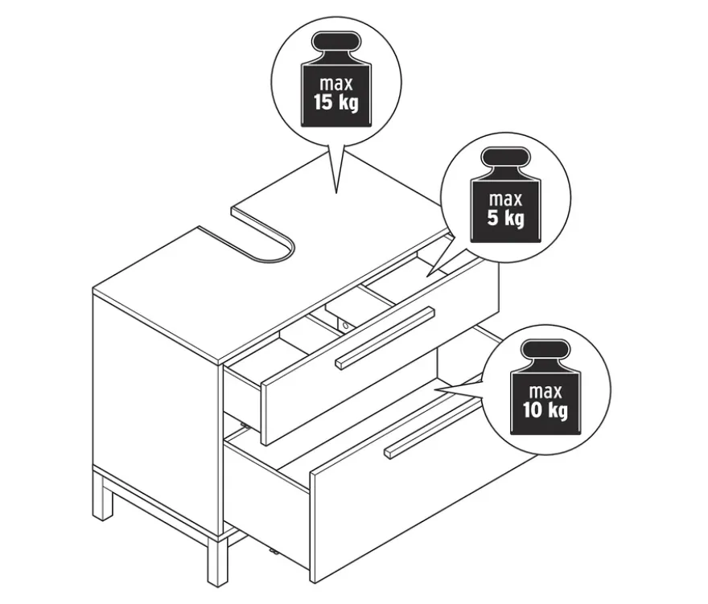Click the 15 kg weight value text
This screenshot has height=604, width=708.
(x=336, y=102)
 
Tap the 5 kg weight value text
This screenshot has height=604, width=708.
(x=505, y=218)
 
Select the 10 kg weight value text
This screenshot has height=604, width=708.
(x=545, y=410)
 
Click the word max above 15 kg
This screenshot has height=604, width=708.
(x=336, y=84)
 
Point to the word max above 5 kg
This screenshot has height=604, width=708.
(x=505, y=199)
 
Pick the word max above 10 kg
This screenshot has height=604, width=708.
(x=545, y=392)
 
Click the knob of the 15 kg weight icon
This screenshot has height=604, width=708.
(x=336, y=43)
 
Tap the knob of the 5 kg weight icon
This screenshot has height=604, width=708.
(x=505, y=158)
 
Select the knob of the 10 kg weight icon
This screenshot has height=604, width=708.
(x=545, y=351)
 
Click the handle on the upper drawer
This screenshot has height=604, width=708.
(x=385, y=338)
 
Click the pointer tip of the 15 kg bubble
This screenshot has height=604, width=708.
(x=336, y=193)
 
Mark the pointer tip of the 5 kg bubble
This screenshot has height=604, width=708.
(x=427, y=276)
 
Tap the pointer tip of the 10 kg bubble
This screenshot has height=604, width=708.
(x=434, y=389)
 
